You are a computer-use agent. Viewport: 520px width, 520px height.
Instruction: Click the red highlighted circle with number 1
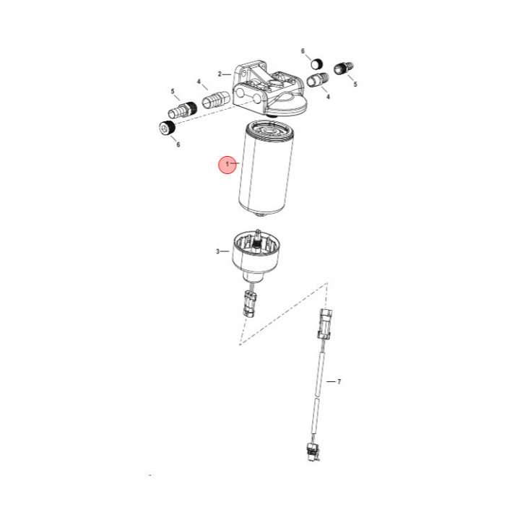[228, 165]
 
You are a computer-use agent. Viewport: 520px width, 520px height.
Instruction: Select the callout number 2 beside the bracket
[219, 74]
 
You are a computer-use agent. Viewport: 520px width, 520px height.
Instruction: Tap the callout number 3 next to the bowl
[217, 251]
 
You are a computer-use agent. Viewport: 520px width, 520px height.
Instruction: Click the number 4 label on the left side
[199, 82]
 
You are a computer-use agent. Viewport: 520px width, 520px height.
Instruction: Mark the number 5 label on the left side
[173, 92]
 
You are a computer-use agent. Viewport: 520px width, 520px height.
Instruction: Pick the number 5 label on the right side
[355, 84]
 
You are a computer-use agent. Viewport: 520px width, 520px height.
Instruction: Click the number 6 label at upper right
[303, 51]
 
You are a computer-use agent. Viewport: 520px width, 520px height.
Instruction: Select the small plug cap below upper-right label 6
[316, 63]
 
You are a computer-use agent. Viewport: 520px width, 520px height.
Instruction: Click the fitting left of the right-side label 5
[342, 69]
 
